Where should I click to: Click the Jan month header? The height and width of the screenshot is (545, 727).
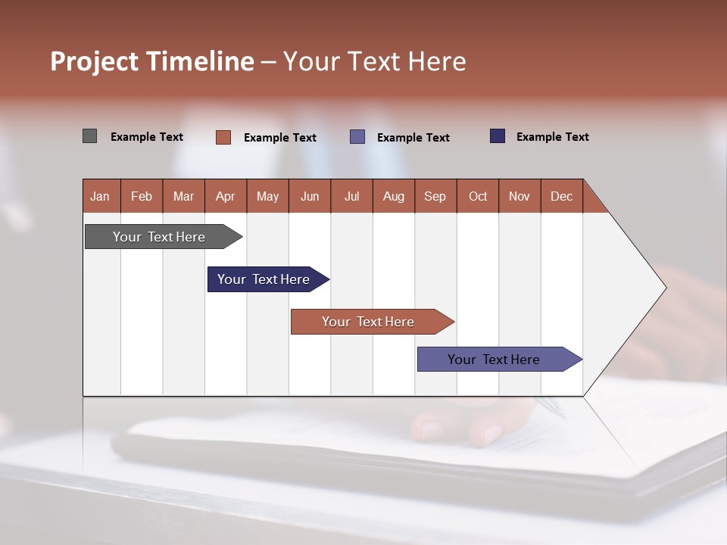coord(101,196)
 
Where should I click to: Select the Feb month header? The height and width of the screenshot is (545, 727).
coord(142,196)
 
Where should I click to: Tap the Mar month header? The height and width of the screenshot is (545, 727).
coord(183,196)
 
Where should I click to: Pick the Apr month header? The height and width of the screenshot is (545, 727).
coord(226,196)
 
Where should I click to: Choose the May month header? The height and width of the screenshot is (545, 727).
coord(267,196)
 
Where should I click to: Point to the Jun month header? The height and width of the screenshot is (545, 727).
coord(310,196)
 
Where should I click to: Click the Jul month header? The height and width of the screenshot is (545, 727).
coord(351,196)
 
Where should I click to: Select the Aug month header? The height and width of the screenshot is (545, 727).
coord(394,196)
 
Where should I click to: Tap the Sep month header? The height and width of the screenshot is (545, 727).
coord(435,196)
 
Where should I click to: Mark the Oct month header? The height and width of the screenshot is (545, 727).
coord(478,196)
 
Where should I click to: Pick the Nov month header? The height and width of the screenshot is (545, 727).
coord(520,196)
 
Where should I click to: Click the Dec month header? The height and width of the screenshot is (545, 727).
coord(562,196)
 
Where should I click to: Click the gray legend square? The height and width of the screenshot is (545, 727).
coord(90,136)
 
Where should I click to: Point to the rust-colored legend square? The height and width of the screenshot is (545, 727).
coord(223,137)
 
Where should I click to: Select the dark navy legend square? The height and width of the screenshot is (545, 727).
coord(498,136)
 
